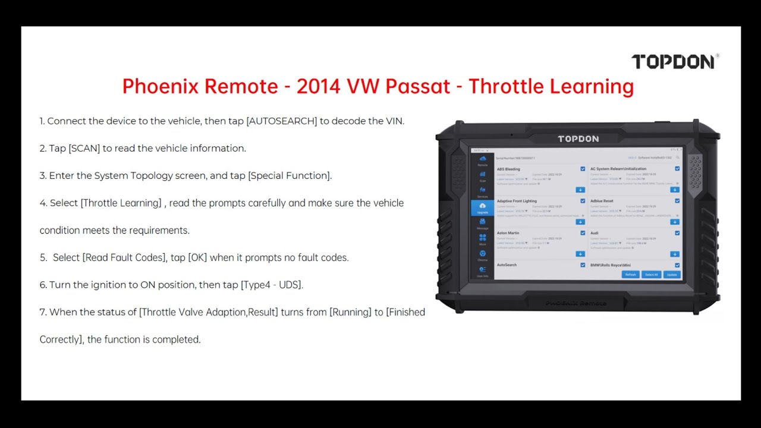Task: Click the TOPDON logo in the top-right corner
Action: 674,61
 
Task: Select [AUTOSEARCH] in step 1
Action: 282,121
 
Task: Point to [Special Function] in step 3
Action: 290,175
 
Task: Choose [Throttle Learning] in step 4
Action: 121,203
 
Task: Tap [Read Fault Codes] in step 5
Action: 124,257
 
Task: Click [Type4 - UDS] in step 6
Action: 272,285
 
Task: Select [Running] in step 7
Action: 351,312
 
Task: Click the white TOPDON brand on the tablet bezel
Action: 578,139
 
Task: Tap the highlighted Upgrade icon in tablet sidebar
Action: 482,207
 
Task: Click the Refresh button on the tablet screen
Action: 630,275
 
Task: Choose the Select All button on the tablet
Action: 651,275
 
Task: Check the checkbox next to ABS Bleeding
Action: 583,169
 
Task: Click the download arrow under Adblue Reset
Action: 674,222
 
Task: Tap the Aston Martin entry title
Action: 508,233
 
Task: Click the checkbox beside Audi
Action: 677,233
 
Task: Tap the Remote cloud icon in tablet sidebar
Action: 482,160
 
